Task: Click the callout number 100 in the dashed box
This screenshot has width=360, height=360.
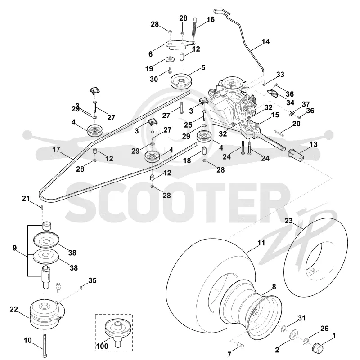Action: click(102, 346)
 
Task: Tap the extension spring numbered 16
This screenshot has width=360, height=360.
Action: click(194, 27)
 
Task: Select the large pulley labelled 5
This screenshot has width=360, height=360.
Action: click(181, 81)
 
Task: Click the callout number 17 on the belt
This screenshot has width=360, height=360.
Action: click(56, 150)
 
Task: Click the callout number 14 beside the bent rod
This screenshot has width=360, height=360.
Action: click(265, 42)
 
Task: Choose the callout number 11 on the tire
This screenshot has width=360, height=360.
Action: click(261, 243)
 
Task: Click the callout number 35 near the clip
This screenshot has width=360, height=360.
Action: click(92, 280)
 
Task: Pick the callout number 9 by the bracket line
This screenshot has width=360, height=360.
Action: click(15, 248)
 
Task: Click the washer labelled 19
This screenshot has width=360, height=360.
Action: click(171, 59)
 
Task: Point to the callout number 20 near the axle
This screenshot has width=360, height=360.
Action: click(296, 124)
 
